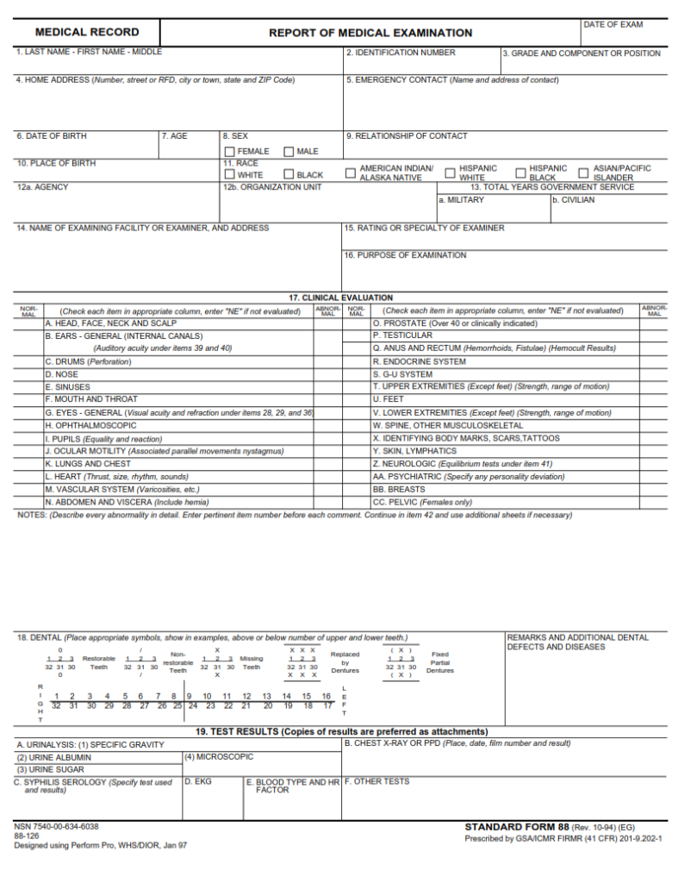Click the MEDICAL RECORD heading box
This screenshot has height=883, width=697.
[x=86, y=33]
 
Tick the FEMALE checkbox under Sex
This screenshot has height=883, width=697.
[x=230, y=152]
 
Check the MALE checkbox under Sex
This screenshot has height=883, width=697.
[x=289, y=152]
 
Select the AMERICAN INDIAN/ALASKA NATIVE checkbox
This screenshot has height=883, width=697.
[x=351, y=172]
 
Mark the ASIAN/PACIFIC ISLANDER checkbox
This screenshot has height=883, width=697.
[x=584, y=172]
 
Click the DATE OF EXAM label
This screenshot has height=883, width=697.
[x=613, y=25]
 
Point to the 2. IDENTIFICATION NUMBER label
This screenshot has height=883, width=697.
[x=401, y=53]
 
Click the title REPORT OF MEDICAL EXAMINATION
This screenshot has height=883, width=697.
[x=370, y=33]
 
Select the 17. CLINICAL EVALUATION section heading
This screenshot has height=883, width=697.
[x=340, y=297]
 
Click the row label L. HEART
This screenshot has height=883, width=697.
[x=116, y=476]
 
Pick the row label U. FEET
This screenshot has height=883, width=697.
[x=388, y=399]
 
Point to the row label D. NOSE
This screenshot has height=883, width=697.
[x=61, y=374]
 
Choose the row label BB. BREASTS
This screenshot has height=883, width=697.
[x=398, y=489]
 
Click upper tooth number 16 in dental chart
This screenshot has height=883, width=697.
[x=327, y=696]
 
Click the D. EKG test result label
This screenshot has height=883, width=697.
[x=199, y=782]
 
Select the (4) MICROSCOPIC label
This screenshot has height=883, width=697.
[x=219, y=756]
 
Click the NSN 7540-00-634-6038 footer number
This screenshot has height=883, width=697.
[x=57, y=826]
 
